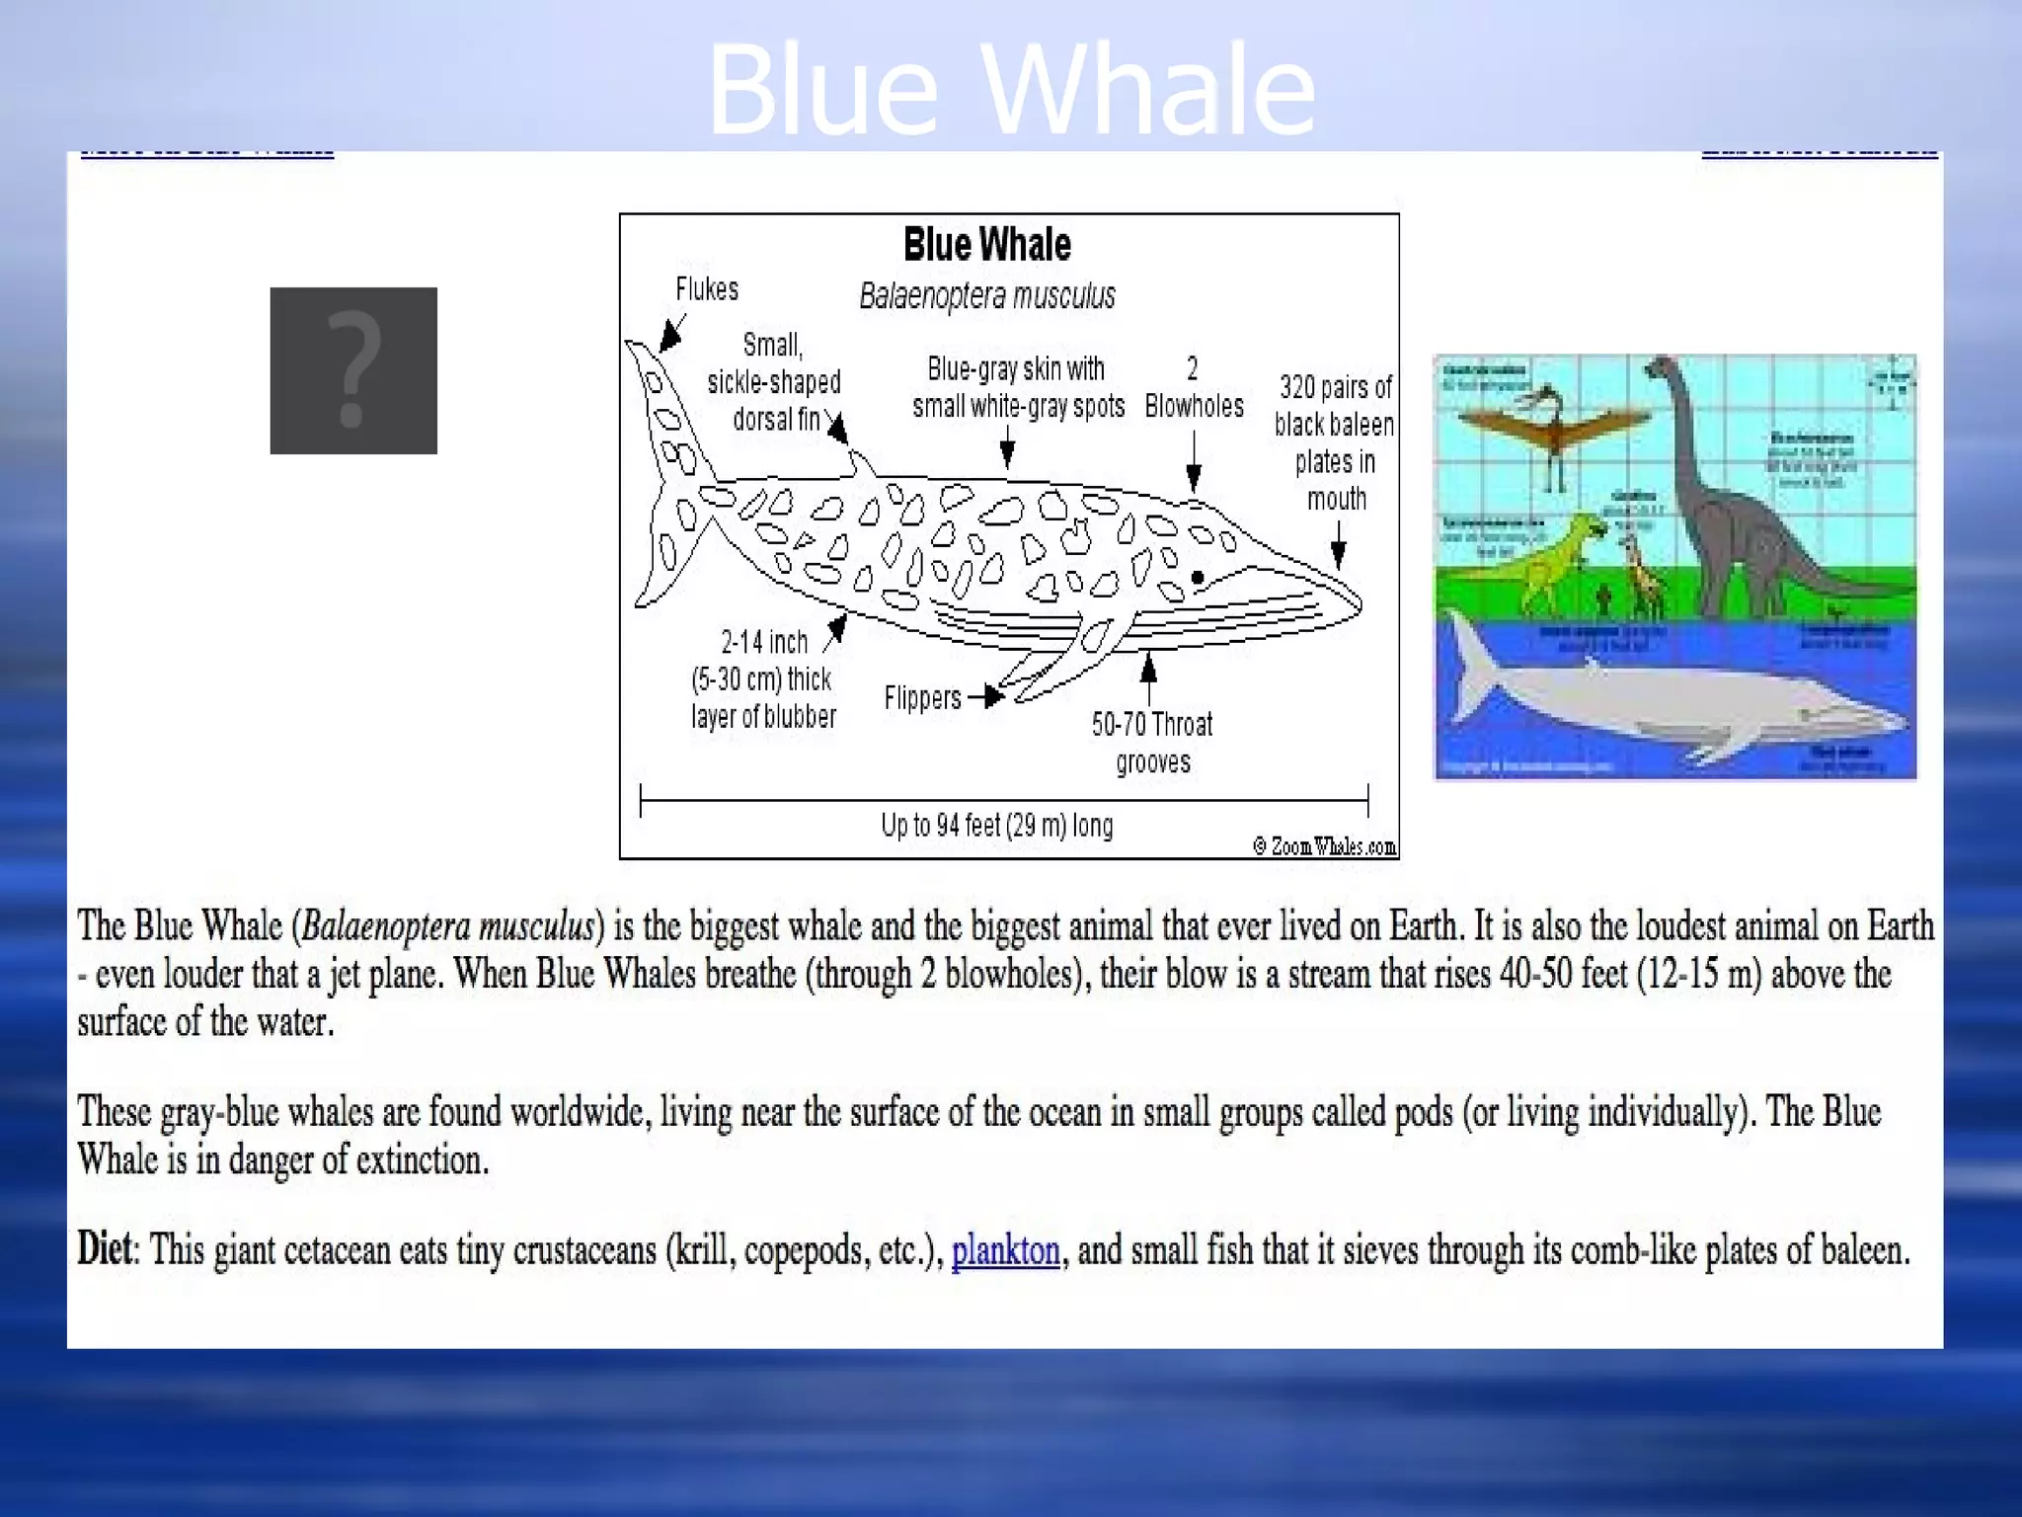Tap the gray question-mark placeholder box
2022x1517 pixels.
pos(353,370)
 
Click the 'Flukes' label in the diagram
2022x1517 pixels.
pos(707,289)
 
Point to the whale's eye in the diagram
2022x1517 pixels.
pos(1198,578)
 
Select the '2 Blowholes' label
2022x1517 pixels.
pos(1194,388)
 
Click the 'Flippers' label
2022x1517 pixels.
pos(922,698)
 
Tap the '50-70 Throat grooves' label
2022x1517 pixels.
pos(1152,743)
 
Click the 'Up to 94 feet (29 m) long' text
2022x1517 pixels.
pos(997,825)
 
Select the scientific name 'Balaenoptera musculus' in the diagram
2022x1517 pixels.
pos(987,296)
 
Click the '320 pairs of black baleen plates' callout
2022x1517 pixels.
pos(1335,442)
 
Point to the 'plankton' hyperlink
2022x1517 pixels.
pos(1005,1250)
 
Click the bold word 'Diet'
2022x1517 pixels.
pos(104,1249)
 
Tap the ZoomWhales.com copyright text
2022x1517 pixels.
pos(1325,846)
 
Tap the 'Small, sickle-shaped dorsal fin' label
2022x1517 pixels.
pos(774,382)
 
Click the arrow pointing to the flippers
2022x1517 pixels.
pos(986,697)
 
